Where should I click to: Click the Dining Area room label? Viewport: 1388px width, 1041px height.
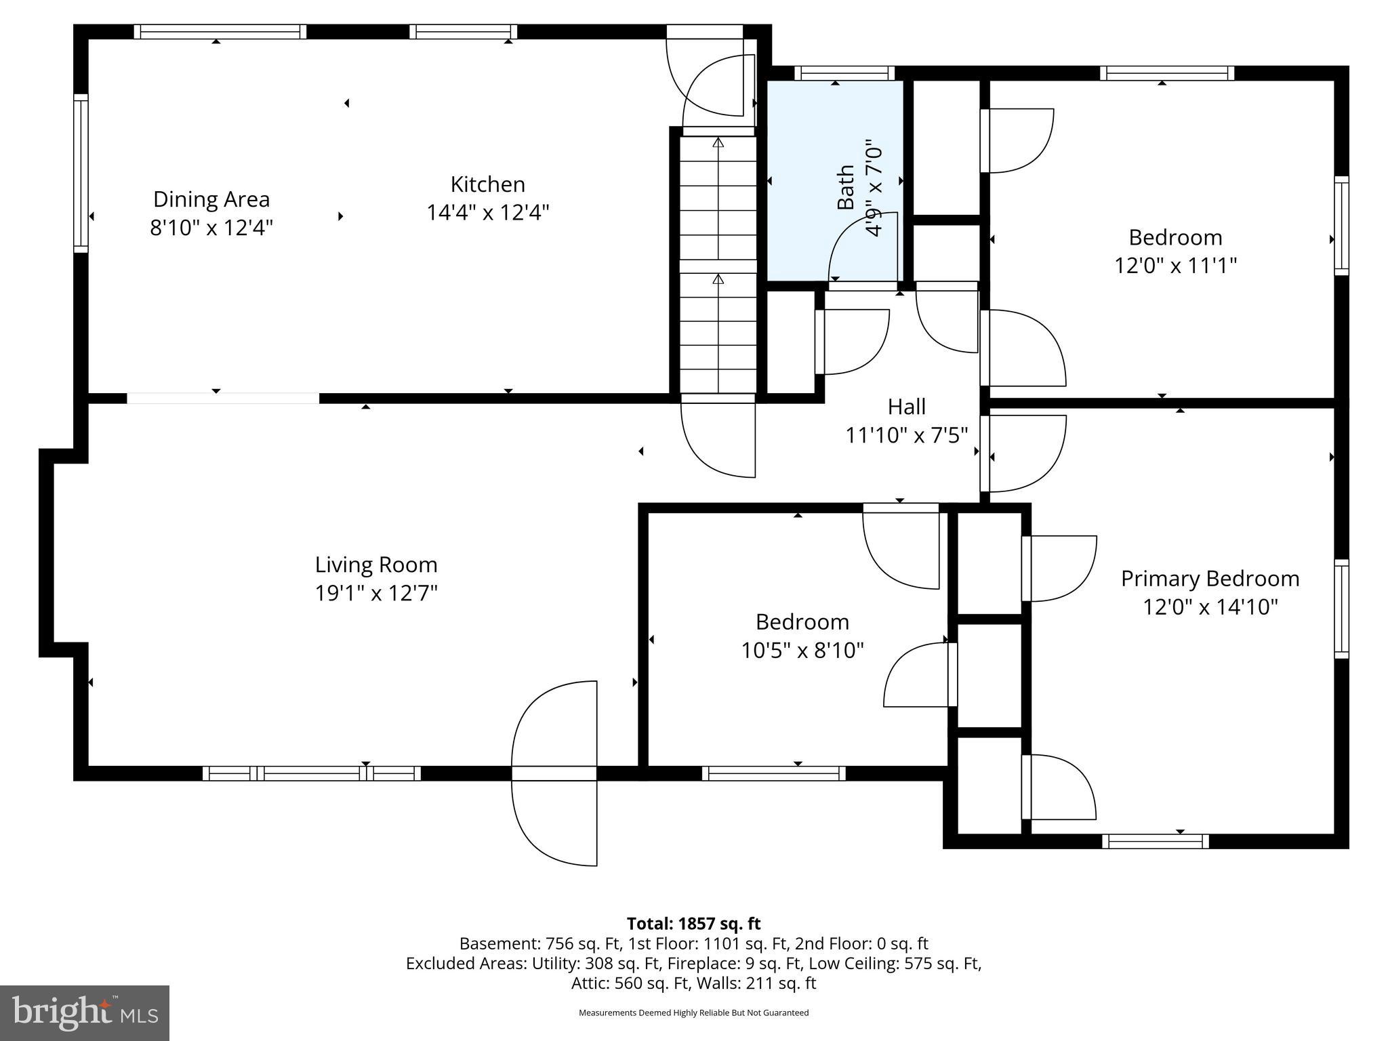click(x=211, y=199)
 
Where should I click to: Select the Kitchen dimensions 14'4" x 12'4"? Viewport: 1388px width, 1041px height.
click(x=487, y=213)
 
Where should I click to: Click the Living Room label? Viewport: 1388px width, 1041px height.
click(x=376, y=565)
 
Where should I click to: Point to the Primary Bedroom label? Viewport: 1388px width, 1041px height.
click(x=1210, y=579)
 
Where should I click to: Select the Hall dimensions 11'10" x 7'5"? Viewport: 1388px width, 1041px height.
click(x=906, y=435)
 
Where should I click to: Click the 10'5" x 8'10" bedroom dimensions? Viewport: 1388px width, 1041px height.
click(x=802, y=651)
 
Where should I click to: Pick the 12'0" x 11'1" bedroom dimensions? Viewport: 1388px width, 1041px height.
click(x=1175, y=265)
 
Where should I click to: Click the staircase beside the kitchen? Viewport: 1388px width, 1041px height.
click(x=718, y=264)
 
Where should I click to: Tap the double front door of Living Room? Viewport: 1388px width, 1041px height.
click(x=554, y=773)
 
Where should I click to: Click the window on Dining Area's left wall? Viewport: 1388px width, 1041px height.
click(x=81, y=173)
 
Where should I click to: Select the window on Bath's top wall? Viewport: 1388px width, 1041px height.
click(x=844, y=73)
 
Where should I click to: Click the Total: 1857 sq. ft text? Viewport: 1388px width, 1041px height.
click(x=693, y=924)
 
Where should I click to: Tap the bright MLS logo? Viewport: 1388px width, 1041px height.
click(x=85, y=1013)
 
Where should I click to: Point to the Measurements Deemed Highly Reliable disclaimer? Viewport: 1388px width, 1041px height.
click(x=693, y=1013)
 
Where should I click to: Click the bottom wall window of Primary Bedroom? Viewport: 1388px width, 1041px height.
click(x=1155, y=841)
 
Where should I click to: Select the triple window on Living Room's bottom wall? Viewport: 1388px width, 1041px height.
click(x=312, y=773)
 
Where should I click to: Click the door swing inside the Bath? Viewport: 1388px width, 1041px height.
click(x=862, y=247)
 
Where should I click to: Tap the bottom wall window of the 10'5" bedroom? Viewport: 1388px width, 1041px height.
click(x=773, y=773)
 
